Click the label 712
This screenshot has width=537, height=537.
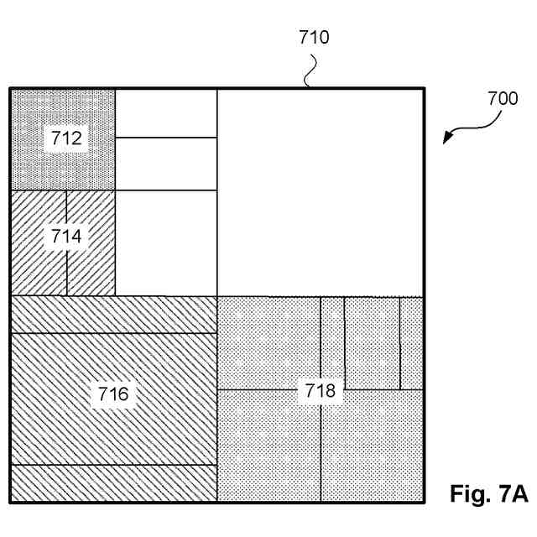pyautogui.click(x=65, y=138)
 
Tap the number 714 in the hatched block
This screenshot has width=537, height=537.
pyautogui.click(x=65, y=237)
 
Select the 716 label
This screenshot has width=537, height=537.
pyautogui.click(x=112, y=393)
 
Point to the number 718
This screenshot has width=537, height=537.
pyautogui.click(x=320, y=390)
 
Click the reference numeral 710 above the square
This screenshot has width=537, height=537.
pyautogui.click(x=314, y=37)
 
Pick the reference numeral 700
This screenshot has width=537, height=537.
pyautogui.click(x=502, y=98)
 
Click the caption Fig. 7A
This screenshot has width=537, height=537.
pyautogui.click(x=487, y=493)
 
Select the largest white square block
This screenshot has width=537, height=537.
pyautogui.click(x=320, y=192)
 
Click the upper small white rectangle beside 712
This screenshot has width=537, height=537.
pyautogui.click(x=165, y=113)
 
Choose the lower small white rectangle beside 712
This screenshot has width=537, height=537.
pyautogui.click(x=165, y=164)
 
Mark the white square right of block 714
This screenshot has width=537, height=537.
pyautogui.click(x=165, y=243)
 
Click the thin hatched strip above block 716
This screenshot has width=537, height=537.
pyautogui.click(x=112, y=315)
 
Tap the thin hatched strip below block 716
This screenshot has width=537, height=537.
pyautogui.click(x=112, y=483)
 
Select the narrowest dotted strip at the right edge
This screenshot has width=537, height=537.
pyautogui.click(x=410, y=342)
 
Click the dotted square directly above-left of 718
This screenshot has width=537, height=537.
pyautogui.click(x=268, y=342)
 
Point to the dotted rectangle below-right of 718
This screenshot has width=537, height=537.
pyautogui.click(x=371, y=453)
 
